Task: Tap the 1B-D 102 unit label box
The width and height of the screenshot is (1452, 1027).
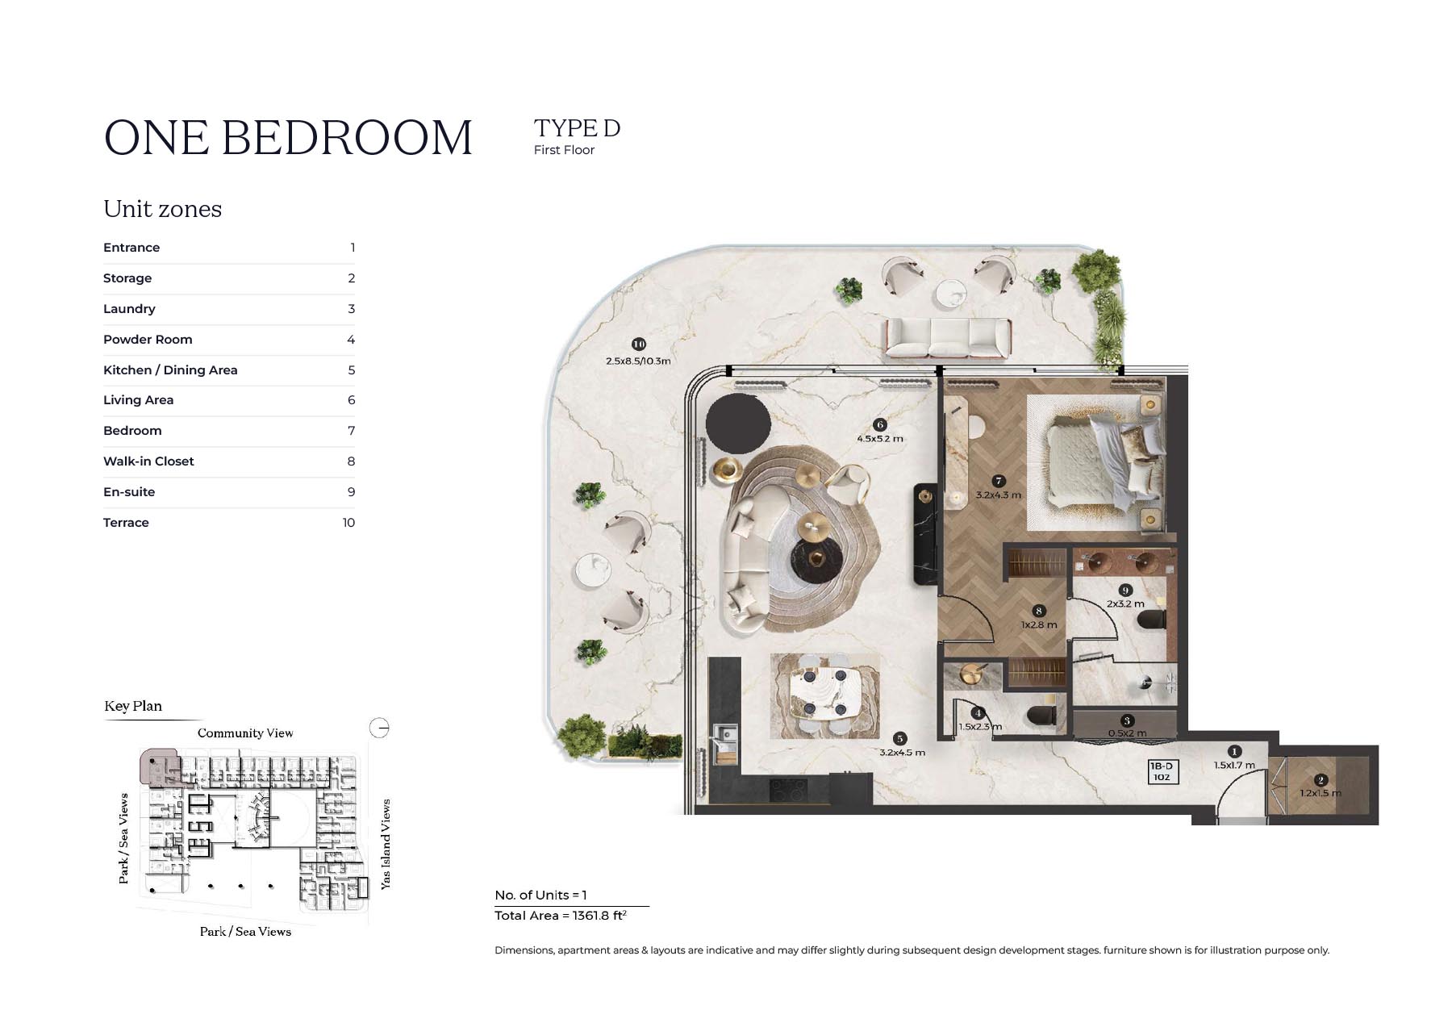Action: coord(1162,771)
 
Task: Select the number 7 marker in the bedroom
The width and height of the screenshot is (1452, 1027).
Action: coord(999,482)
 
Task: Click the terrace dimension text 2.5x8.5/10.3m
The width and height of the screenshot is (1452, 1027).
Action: coord(638,361)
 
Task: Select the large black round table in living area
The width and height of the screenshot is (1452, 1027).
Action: coord(738,423)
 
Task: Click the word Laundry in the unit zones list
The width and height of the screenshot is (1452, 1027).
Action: coord(129,309)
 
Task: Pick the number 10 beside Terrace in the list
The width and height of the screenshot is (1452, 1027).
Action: coord(348,523)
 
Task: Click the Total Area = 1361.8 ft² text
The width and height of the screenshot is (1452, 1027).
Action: coord(561,916)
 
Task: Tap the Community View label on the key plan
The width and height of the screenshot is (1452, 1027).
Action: coord(245,733)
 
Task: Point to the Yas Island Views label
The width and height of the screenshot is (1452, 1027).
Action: coord(386,845)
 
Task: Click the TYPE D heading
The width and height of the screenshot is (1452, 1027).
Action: coord(577,128)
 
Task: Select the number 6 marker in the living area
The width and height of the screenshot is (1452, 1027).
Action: coord(880,425)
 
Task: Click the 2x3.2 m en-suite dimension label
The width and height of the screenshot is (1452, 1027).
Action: coord(1125,603)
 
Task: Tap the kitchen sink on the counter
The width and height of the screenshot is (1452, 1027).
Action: coord(724,735)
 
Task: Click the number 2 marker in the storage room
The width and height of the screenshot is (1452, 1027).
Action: coord(1321,780)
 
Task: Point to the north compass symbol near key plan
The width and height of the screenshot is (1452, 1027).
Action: coord(379,728)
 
